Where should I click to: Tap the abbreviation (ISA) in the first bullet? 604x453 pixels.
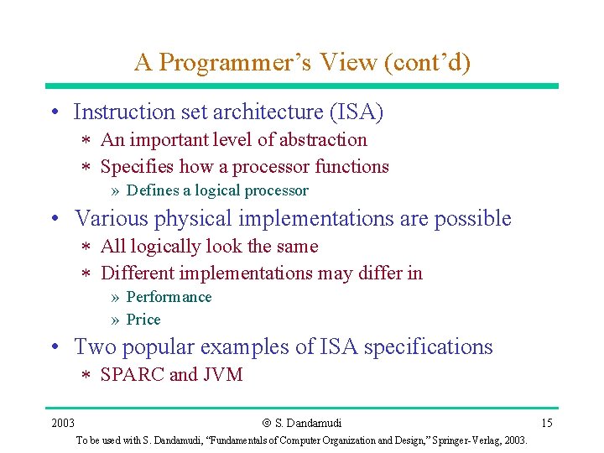click(x=357, y=112)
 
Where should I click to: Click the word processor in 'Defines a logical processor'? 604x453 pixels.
click(x=275, y=190)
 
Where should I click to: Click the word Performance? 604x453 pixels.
click(x=169, y=297)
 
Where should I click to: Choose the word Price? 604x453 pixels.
click(x=143, y=320)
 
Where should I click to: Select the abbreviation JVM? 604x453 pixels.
click(x=222, y=375)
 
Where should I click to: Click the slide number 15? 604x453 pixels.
click(x=546, y=423)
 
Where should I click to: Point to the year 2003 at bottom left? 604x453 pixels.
click(x=63, y=423)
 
